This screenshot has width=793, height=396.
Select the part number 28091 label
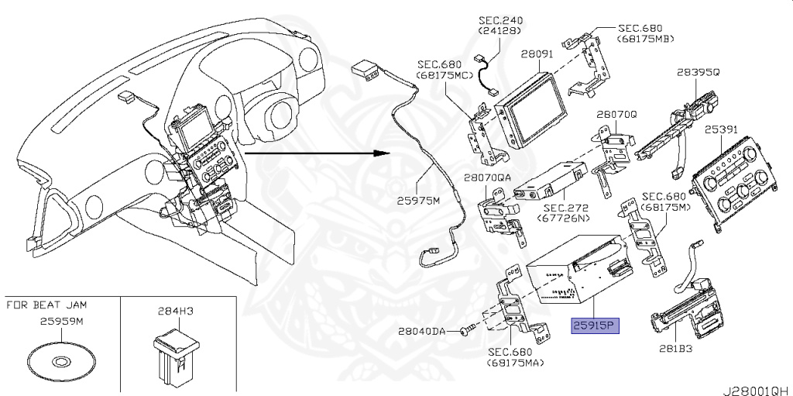point(537,55)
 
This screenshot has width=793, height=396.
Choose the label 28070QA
point(488,177)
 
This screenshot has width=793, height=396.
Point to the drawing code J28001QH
point(757,385)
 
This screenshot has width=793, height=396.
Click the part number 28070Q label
point(616,114)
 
